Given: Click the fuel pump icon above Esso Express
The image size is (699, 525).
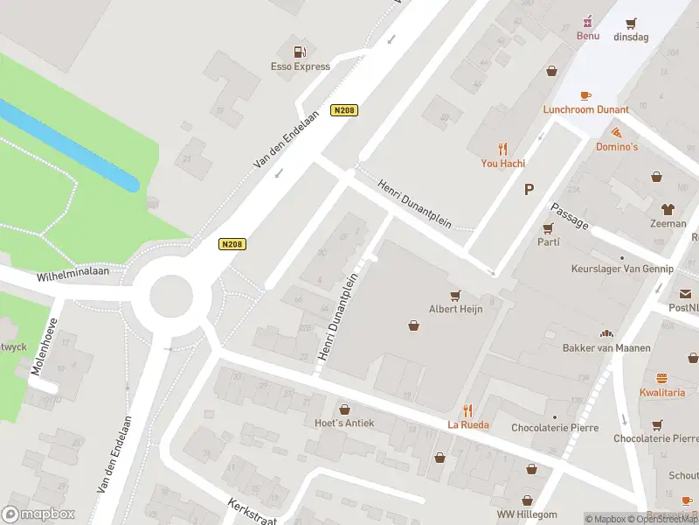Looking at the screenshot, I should click(300, 52).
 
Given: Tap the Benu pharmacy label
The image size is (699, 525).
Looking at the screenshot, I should click(587, 36).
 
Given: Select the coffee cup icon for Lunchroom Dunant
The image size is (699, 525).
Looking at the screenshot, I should click(585, 95).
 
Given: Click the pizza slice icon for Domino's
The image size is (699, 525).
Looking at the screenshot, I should click(617, 133).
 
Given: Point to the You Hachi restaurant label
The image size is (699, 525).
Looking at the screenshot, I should click(502, 163).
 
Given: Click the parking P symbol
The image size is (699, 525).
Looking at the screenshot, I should click(528, 189).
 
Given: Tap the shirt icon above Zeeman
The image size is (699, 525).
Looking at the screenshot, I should click(668, 209).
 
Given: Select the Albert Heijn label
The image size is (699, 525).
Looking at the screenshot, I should click(455, 308).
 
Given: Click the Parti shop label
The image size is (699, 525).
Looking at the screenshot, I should click(548, 241).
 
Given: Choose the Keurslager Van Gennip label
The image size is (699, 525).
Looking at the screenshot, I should click(622, 269).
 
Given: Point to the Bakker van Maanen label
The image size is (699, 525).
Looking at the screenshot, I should click(606, 347).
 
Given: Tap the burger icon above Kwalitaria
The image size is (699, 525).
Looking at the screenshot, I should click(661, 379).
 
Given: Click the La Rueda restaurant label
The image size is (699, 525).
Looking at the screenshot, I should click(468, 424).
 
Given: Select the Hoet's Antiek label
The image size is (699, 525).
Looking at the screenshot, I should click(344, 423).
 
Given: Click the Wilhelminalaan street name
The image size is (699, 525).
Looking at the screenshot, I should click(73, 274).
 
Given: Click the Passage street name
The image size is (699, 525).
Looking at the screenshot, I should click(569, 216).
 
